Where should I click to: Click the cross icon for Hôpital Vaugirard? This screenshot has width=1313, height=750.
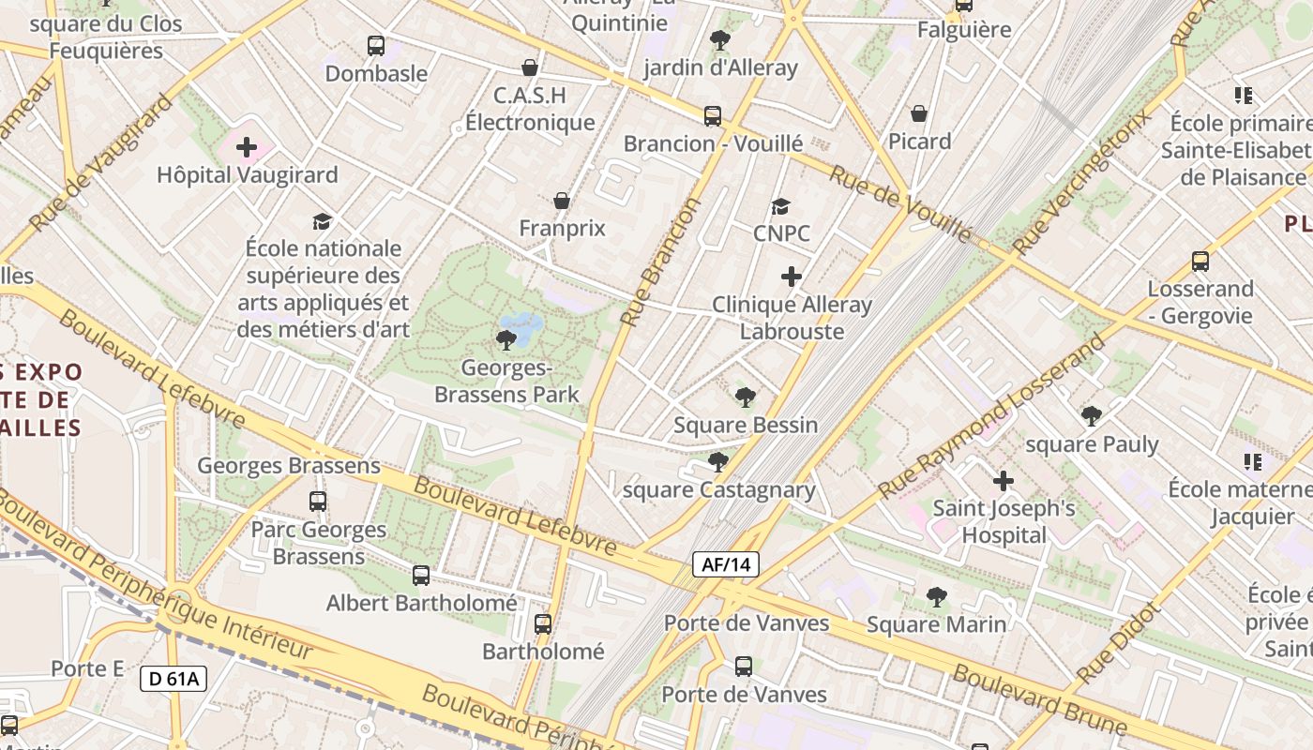click(x=247, y=147)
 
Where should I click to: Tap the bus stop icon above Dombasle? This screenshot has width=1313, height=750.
click(x=376, y=45)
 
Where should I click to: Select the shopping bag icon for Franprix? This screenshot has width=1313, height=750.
click(x=561, y=201)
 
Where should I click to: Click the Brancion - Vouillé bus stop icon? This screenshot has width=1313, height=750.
click(x=713, y=116)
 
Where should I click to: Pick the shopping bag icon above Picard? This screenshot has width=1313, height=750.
click(x=919, y=113)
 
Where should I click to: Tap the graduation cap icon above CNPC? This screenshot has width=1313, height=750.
click(x=780, y=206)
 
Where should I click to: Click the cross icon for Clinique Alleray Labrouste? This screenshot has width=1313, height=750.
click(x=792, y=277)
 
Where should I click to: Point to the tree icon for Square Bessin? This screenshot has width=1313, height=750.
click(x=746, y=397)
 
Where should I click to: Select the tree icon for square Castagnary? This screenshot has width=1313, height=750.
click(x=718, y=462)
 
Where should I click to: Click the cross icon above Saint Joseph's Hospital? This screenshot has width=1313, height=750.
click(x=1004, y=481)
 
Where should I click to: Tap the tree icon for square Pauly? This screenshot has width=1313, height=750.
click(x=1091, y=416)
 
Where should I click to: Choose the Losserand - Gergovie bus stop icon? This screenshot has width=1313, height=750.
click(x=1200, y=262)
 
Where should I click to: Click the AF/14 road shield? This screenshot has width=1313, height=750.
click(x=726, y=564)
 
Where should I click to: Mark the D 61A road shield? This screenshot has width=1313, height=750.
click(x=174, y=679)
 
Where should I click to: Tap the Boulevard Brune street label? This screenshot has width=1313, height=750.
click(x=1039, y=699)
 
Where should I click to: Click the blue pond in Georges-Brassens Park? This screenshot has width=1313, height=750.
click(x=522, y=328)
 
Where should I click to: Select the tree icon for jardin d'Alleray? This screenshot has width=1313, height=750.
click(x=720, y=39)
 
